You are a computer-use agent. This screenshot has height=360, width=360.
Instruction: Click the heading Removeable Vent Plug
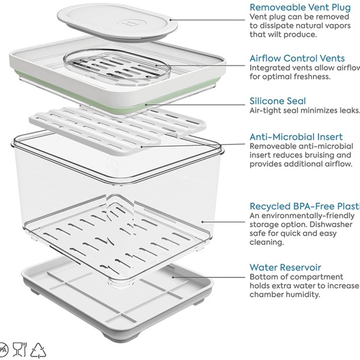coord(300,7)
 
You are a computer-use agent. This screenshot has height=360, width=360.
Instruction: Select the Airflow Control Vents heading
coord(297,58)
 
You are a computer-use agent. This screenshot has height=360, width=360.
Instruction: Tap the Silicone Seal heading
coord(278,101)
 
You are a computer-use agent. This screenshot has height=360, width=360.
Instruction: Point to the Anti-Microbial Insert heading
coord(296,137)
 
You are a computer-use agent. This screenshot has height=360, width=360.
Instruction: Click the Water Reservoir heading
coord(285,267)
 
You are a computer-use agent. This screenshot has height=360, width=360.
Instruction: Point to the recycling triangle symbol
coord(38,350)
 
